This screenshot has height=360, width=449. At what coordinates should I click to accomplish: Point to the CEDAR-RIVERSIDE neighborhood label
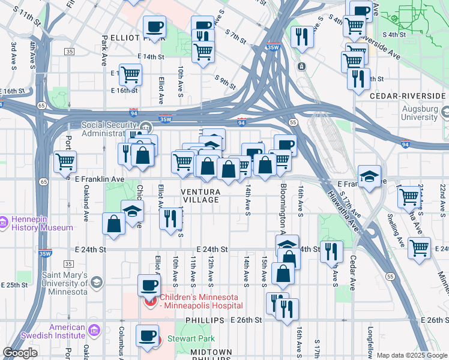(x=408, y=95)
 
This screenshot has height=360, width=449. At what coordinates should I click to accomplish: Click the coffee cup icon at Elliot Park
(x=154, y=26)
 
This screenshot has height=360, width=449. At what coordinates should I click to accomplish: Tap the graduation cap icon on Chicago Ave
(x=132, y=211)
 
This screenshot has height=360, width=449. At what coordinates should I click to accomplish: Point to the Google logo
(x=20, y=353)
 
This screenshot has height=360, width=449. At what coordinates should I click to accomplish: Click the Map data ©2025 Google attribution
(x=411, y=355)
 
